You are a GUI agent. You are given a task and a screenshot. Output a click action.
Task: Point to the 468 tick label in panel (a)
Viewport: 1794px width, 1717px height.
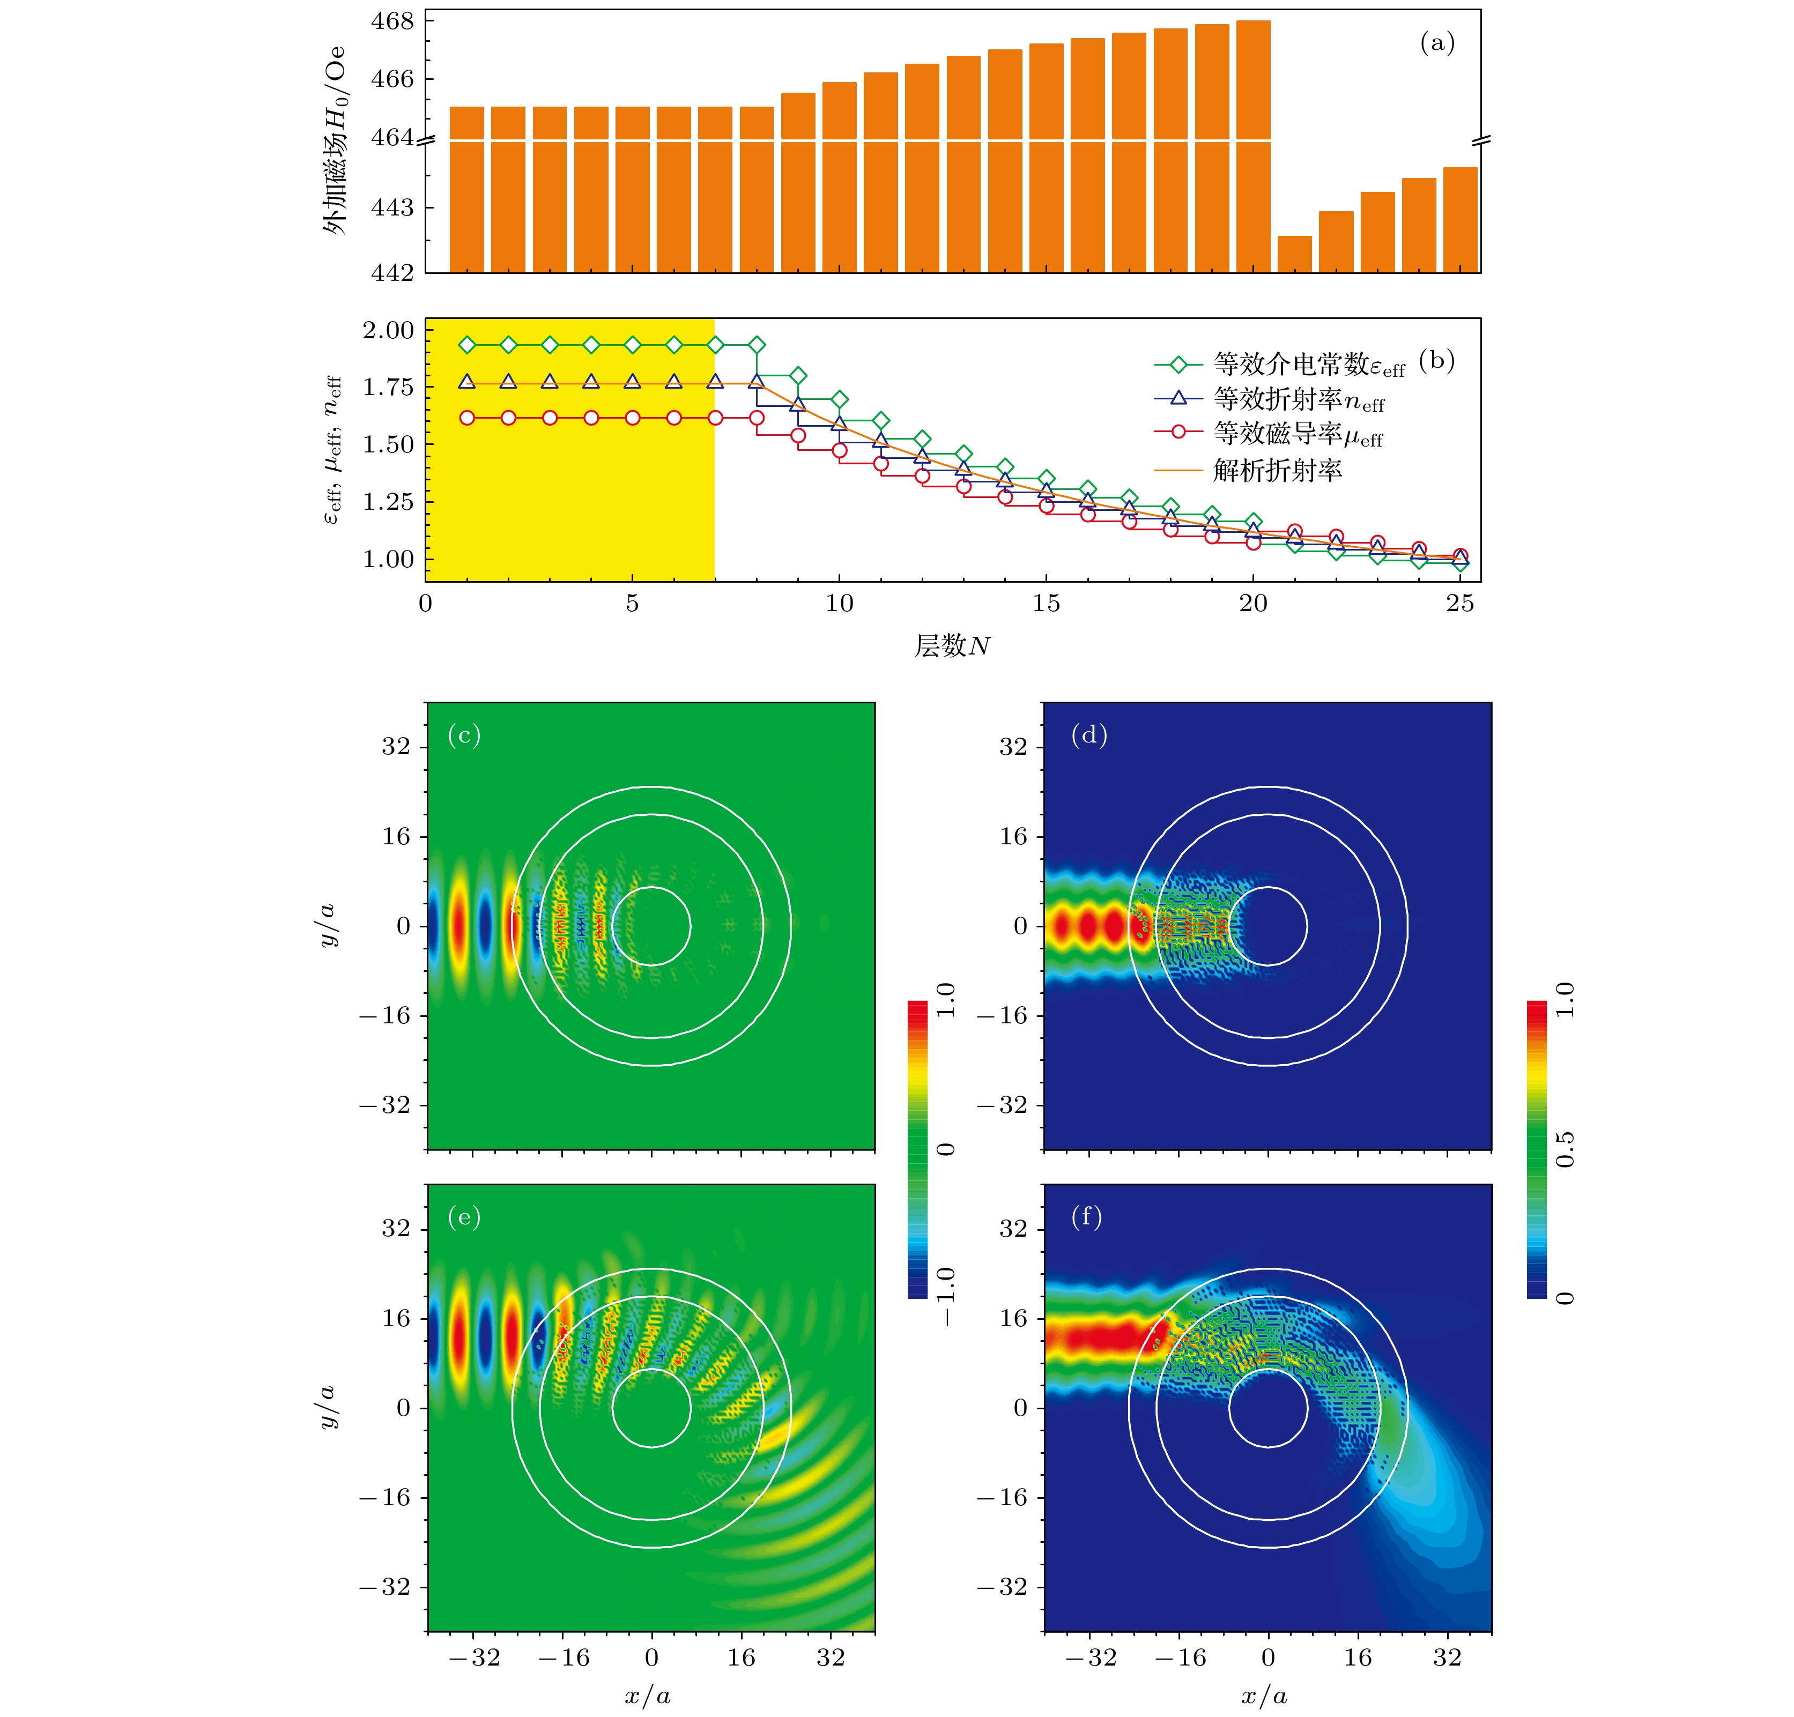pos(392,21)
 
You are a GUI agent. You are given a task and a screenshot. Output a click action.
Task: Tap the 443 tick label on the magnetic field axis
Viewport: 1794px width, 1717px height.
pos(392,208)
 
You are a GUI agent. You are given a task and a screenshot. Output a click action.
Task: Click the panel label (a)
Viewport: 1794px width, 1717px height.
pos(1437,42)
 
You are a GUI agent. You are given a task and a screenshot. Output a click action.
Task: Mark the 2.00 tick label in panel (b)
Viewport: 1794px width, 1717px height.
pos(387,330)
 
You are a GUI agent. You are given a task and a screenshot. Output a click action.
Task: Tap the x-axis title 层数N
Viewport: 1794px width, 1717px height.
pos(952,646)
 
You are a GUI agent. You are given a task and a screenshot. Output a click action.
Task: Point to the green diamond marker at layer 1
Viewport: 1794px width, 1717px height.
pos(467,345)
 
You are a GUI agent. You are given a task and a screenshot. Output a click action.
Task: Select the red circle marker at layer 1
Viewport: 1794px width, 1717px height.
pos(467,418)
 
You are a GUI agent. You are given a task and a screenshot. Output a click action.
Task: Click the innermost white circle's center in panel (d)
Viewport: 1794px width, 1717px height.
pos(1267,926)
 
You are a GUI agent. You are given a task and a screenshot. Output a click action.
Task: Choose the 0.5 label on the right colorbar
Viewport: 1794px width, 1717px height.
pos(1565,1149)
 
